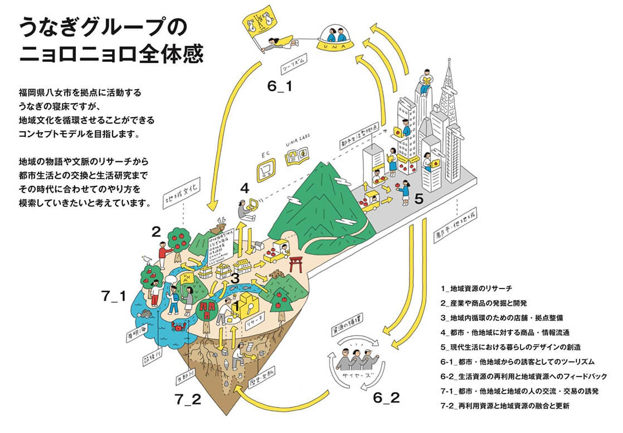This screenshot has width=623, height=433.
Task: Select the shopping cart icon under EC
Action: pos(266,171)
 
